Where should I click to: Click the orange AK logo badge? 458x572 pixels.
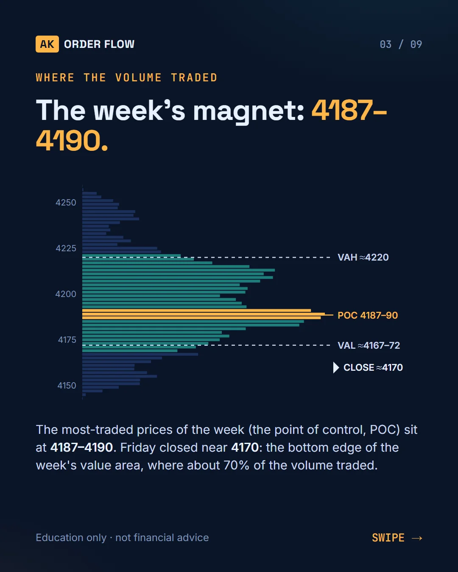(x=47, y=44)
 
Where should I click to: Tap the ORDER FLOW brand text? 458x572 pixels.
(x=99, y=44)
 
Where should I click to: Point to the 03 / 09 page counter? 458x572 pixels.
(x=401, y=44)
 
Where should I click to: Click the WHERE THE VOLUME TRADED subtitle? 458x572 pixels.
(x=127, y=78)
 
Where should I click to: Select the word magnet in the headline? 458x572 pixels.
(x=249, y=111)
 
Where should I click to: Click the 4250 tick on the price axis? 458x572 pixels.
(x=66, y=203)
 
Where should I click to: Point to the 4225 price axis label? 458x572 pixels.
(x=66, y=248)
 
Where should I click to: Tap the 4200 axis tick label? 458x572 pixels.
(x=66, y=294)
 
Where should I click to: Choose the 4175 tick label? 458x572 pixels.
(x=67, y=340)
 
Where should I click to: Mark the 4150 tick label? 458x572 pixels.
(x=67, y=386)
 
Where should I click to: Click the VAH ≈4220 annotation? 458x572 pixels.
(x=363, y=257)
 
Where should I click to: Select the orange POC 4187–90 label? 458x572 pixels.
(x=368, y=315)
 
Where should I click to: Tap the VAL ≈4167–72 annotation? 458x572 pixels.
(x=369, y=345)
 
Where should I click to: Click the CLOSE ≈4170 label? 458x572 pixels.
(x=373, y=367)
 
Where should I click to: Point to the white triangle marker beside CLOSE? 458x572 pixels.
(x=336, y=368)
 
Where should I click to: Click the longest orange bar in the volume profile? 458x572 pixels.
(x=203, y=314)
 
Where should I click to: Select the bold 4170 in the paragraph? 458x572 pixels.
(x=245, y=447)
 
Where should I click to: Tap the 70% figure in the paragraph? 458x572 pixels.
(x=236, y=465)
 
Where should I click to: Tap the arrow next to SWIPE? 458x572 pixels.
(x=417, y=538)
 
